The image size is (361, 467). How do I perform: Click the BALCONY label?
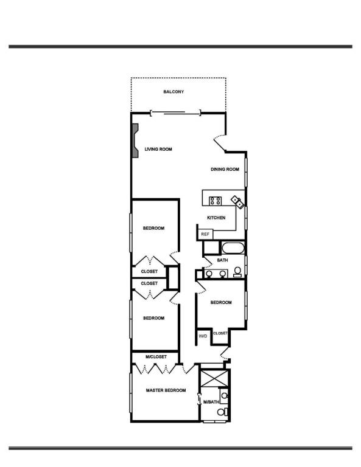pos(173,92)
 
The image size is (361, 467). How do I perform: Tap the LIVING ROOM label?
pos(158,149)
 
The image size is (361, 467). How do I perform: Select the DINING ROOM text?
pos(225,169)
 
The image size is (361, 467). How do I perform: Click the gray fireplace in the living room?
pos(135,140)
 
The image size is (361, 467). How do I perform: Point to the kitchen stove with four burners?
pos(216,201)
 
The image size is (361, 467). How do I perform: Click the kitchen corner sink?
pos(238,202)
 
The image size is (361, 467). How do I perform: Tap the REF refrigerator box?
pos(205,234)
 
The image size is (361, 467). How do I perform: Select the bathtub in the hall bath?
pos(233,248)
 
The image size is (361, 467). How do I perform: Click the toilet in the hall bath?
pos(237,272)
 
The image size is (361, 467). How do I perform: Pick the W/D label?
pos(203,336)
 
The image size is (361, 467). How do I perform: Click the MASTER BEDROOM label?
pos(166,390)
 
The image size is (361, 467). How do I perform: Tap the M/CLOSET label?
pos(156,357)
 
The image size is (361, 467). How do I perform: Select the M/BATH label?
pos(211,402)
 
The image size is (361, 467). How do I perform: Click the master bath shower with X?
pos(214,378)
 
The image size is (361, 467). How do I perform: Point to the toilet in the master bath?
pos(222,412)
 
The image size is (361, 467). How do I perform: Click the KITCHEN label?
pos(216,218)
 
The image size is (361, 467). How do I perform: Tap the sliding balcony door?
pos(175,113)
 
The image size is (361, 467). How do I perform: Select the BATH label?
pos(222,260)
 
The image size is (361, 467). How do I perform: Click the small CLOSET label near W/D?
pos(220,333)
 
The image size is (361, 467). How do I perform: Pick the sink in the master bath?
pos(224,396)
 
